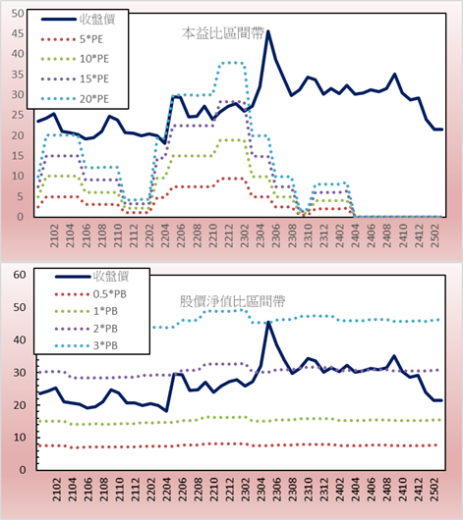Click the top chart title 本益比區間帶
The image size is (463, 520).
pyautogui.click(x=223, y=33)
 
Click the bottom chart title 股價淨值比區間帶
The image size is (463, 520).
pyautogui.click(x=232, y=301)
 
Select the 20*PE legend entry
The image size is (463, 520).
pyautogui.click(x=94, y=99)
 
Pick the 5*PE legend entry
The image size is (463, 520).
pyautogui.click(x=91, y=39)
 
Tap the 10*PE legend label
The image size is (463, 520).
pyautogui.click(x=94, y=59)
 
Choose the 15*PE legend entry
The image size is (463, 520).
pyautogui.click(x=94, y=78)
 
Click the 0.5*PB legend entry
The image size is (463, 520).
pyautogui.click(x=110, y=294)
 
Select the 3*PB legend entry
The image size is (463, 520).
pyautogui.click(x=105, y=345)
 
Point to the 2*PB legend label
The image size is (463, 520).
pyautogui.click(x=105, y=329)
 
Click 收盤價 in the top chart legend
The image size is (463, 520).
pyautogui.click(x=97, y=20)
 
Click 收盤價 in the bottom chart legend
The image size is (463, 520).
pyautogui.click(x=111, y=277)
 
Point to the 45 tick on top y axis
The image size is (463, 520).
pyautogui.click(x=18, y=33)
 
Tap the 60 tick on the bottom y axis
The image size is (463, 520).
pyautogui.click(x=20, y=275)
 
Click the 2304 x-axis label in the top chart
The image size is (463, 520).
pyautogui.click(x=260, y=235)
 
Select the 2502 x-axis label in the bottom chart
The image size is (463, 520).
pyautogui.click(x=434, y=490)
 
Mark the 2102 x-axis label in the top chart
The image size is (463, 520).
pyautogui.click(x=54, y=235)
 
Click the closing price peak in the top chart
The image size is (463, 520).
pyautogui.click(x=268, y=31)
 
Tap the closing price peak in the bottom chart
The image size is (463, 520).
pyautogui.click(x=268, y=322)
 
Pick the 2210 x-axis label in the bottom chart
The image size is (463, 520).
pyautogui.click(x=213, y=490)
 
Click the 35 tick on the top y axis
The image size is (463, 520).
pyautogui.click(x=18, y=75)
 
